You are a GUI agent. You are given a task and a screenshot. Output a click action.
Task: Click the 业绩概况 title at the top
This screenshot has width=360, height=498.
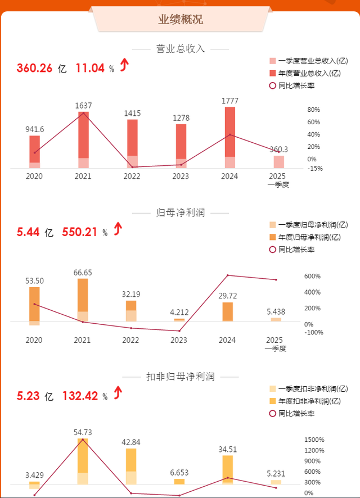click(180, 20)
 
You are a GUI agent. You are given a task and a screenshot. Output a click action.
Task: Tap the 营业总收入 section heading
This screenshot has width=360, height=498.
click(180, 49)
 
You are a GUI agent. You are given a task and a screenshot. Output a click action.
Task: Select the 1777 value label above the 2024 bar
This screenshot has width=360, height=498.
click(229, 101)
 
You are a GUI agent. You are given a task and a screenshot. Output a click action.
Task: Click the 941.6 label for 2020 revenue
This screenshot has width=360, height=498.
click(35, 129)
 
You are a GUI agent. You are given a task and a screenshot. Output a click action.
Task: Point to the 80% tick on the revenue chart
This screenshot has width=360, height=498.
click(313, 110)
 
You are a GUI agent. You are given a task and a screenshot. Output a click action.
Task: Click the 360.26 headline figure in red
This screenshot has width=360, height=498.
click(34, 69)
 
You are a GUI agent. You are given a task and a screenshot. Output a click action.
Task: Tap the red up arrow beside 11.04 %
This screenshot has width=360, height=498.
click(124, 66)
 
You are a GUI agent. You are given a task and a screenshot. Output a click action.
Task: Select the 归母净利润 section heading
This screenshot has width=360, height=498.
click(180, 213)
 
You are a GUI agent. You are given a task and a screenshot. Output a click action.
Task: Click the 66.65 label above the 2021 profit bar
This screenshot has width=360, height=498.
click(83, 273)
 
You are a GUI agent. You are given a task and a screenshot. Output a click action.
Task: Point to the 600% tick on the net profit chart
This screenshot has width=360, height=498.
click(313, 277)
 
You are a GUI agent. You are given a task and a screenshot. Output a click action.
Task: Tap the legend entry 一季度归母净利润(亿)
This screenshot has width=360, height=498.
click(309, 225)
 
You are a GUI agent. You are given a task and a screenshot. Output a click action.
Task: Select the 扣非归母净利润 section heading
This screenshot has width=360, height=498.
click(180, 377)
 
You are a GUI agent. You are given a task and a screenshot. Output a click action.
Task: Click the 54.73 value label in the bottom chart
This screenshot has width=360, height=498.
click(83, 432)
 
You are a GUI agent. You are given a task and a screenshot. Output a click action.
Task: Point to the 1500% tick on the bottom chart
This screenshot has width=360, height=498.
click(314, 440)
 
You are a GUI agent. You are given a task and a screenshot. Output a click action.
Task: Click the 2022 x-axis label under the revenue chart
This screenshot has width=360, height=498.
click(131, 176)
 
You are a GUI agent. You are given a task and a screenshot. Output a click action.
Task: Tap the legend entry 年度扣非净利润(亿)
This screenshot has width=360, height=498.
click(309, 401)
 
